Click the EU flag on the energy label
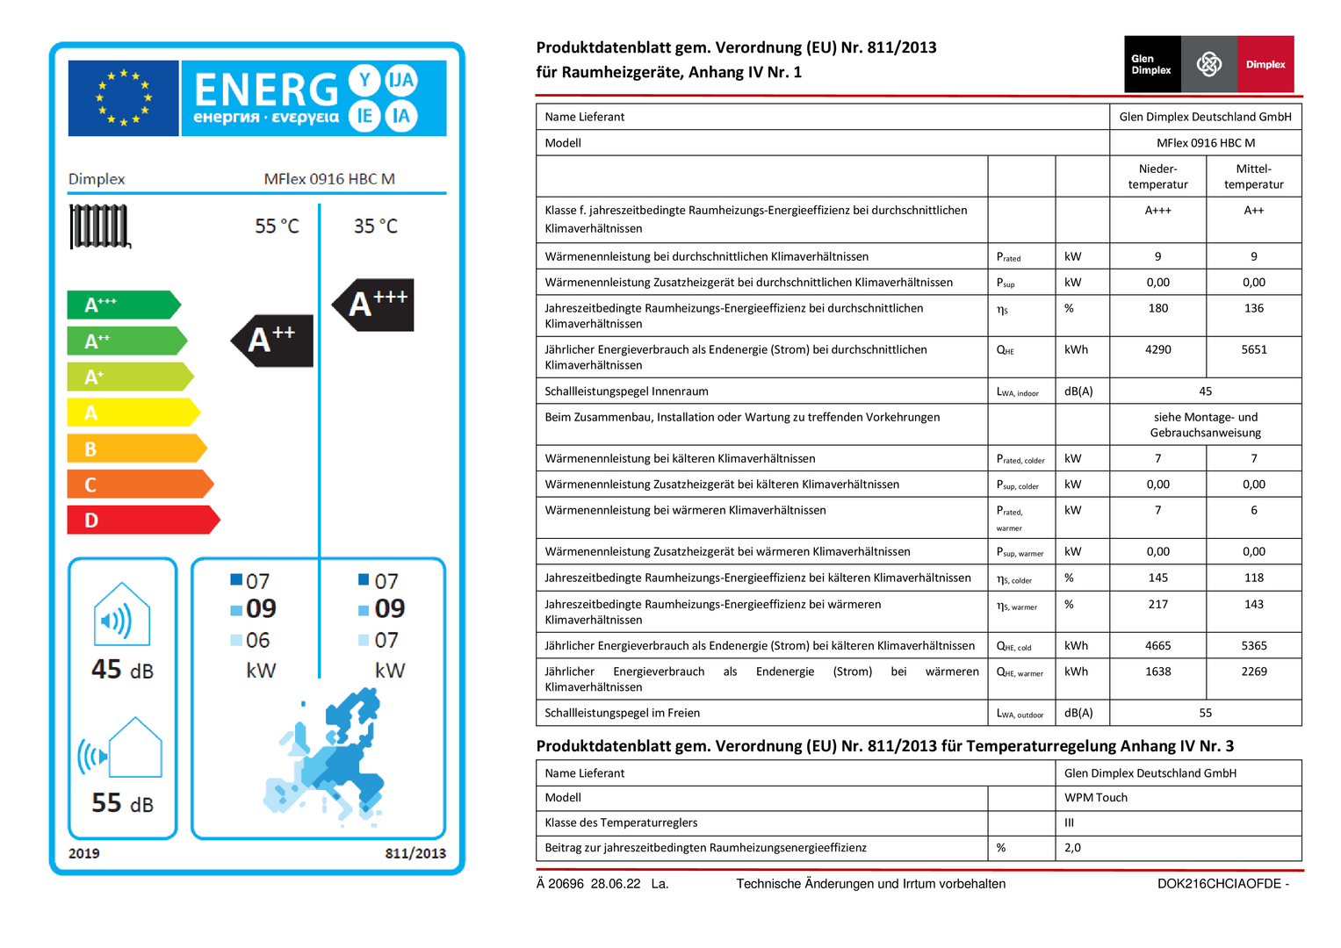tap(123, 98)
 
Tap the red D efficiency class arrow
tap(141, 520)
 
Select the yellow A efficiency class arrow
tap(132, 413)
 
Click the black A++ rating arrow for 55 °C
tap(273, 340)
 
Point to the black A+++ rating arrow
tap(374, 305)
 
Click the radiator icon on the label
tap(99, 226)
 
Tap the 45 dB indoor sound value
tap(122, 670)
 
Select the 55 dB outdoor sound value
tap(122, 803)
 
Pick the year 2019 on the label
tap(83, 853)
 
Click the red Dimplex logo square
tap(1265, 64)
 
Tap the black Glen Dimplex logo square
tap(1151, 64)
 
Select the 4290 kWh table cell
tap(1157, 349)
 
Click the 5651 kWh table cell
tap(1253, 349)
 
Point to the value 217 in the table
tap(1157, 605)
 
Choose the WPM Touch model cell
tap(1095, 798)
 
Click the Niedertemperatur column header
tap(1157, 176)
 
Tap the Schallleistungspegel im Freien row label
tap(622, 713)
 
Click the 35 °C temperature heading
tap(375, 226)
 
